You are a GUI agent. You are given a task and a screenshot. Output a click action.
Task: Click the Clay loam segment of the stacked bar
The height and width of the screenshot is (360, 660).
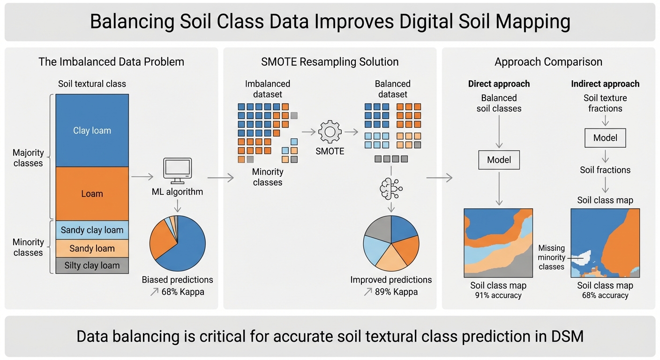click(x=92, y=130)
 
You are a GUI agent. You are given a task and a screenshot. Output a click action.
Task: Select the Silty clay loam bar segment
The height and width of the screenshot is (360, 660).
click(x=92, y=265)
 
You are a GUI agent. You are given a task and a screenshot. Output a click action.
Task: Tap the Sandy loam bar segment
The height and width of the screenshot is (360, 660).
click(x=92, y=248)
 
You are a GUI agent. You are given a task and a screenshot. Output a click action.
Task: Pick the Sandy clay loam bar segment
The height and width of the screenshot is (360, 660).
click(x=92, y=230)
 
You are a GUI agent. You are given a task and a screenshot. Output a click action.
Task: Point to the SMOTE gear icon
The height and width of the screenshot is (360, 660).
click(x=330, y=132)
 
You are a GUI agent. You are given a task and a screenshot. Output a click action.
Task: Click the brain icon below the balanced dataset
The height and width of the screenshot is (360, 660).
click(x=391, y=188)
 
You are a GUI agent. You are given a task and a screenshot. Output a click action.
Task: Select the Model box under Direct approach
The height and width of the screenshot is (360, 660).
click(x=499, y=160)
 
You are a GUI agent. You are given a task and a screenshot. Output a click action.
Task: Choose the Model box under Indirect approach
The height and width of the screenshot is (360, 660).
click(x=605, y=138)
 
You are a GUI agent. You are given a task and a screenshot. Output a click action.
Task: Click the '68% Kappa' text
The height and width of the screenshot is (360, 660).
click(x=183, y=292)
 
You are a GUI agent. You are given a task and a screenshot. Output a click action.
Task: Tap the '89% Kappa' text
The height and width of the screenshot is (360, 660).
click(x=396, y=292)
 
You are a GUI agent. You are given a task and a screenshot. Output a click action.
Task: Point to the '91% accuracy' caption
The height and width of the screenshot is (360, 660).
click(x=498, y=295)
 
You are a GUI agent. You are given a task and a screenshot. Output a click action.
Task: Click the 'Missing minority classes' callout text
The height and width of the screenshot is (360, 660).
click(x=551, y=257)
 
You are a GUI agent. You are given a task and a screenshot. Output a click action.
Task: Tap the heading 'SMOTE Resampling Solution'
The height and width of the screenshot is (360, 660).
click(x=330, y=62)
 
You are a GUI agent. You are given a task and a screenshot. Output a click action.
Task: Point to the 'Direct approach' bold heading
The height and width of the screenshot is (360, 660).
click(x=499, y=84)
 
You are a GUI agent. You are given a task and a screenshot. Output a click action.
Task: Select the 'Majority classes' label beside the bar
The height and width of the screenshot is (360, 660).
click(x=28, y=158)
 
